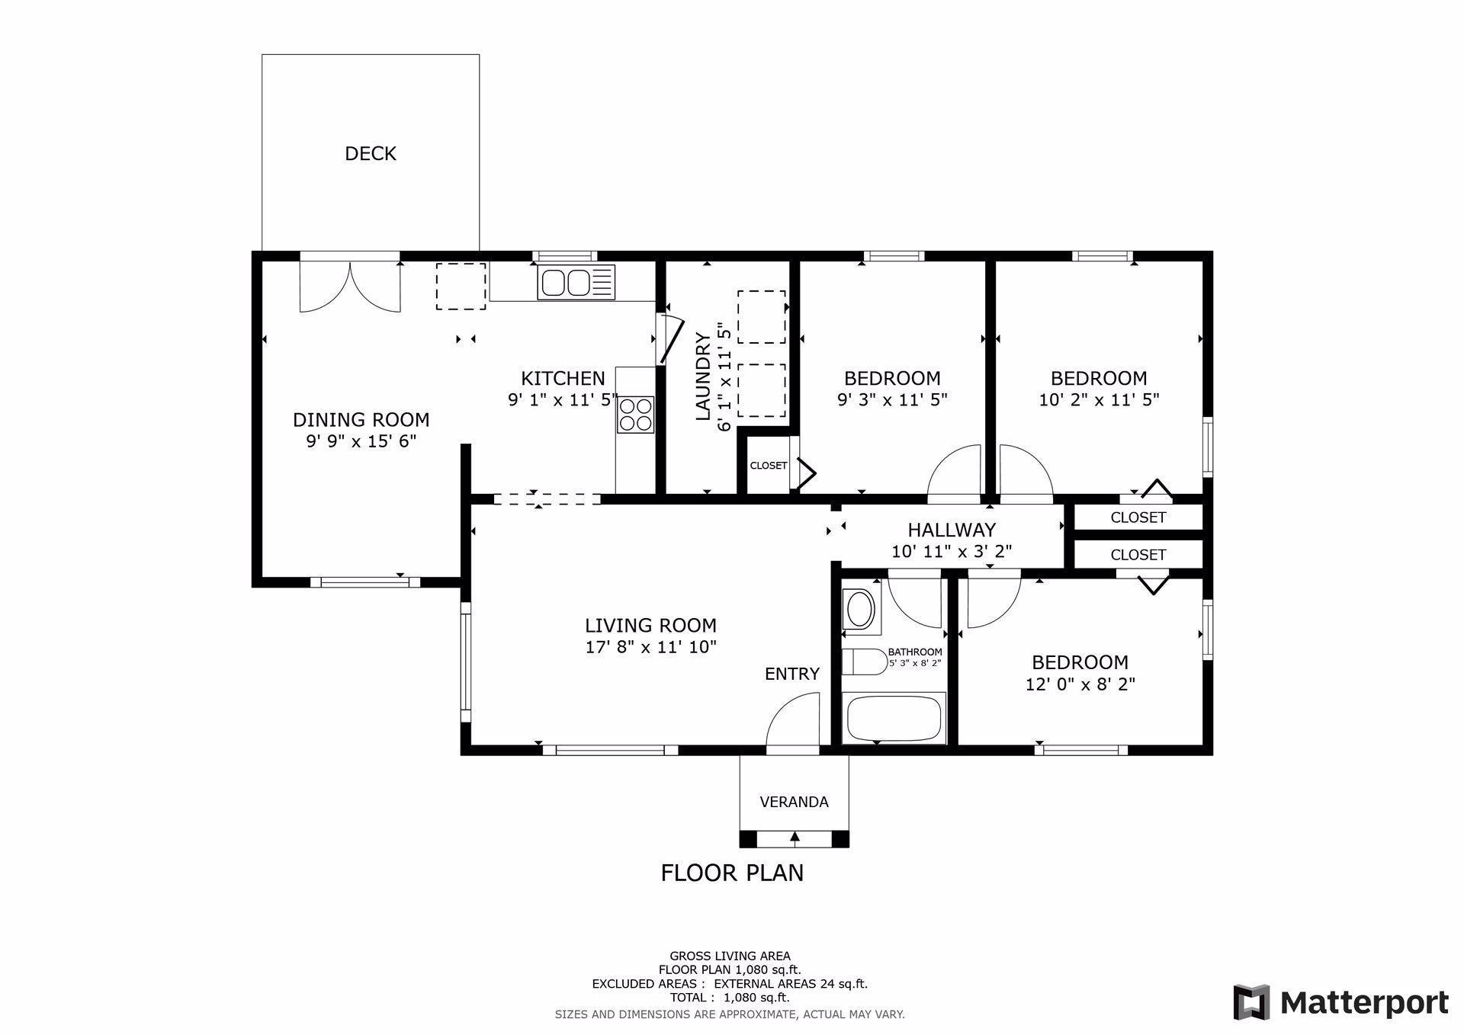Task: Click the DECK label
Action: pyautogui.click(x=371, y=154)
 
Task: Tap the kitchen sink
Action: pyautogui.click(x=576, y=282)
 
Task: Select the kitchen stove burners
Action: pyautogui.click(x=635, y=415)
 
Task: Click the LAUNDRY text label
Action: pyautogui.click(x=703, y=377)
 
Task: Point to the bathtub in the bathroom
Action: pyautogui.click(x=894, y=717)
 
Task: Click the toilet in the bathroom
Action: pyautogui.click(x=864, y=662)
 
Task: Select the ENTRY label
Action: pyautogui.click(x=792, y=674)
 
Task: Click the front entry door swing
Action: pyautogui.click(x=793, y=720)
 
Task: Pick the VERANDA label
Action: pyautogui.click(x=794, y=802)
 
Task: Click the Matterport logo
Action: pyautogui.click(x=1341, y=1002)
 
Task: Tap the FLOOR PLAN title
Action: pyautogui.click(x=732, y=873)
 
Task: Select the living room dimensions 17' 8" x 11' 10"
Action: pyautogui.click(x=650, y=648)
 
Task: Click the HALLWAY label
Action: pyautogui.click(x=952, y=530)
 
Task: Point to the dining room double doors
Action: pyautogui.click(x=350, y=287)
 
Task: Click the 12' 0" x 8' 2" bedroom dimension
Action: pyautogui.click(x=1080, y=684)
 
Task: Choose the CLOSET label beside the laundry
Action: pyautogui.click(x=769, y=466)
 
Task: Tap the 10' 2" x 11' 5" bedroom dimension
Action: pyautogui.click(x=1099, y=399)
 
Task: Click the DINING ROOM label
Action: pyautogui.click(x=361, y=420)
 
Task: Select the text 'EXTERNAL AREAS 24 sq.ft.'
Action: pyautogui.click(x=791, y=984)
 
